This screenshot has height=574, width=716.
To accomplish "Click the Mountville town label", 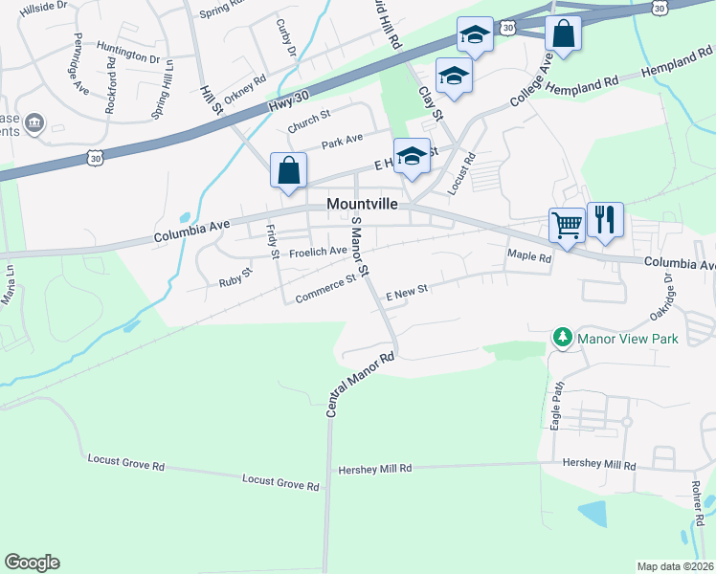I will tap(361, 204).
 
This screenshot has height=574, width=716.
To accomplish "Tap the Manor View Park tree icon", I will tap(562, 338).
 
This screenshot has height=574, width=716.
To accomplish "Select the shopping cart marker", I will tap(567, 226).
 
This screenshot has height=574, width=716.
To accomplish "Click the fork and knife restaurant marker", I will tap(605, 220).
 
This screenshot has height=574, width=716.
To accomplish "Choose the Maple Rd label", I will tap(530, 257).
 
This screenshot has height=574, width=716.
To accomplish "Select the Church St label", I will tap(308, 121).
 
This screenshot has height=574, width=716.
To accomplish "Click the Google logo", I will tap(33, 563).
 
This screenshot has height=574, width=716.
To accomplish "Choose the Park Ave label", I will tap(342, 142).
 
